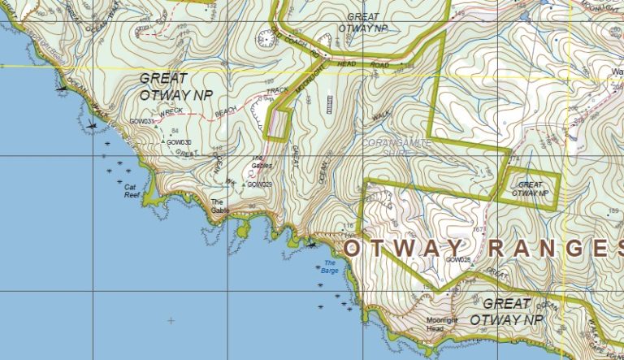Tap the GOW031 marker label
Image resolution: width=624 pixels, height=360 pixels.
pos(141,122)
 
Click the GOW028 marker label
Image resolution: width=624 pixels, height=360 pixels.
pos(458,260)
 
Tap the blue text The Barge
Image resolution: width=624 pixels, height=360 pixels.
pos(330,266)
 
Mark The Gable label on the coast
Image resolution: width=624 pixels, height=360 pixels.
pos(220,206)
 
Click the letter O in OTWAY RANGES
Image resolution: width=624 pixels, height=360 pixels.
pos(354,248)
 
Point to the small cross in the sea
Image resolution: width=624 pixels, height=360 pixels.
pos(171,321)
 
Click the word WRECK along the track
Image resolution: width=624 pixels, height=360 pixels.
pos(172,112)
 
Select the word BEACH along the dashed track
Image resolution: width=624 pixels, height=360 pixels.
pos(227,108)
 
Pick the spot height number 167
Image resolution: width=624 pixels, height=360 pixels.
pos(479,229)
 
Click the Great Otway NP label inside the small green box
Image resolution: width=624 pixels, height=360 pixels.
pos(530,189)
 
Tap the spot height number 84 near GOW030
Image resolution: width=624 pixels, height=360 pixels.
pos(175,130)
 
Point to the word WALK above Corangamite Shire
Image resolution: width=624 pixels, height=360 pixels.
pos(380,116)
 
